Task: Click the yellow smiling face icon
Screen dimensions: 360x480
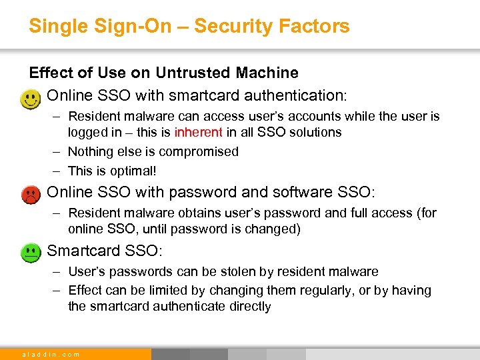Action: click(29, 100)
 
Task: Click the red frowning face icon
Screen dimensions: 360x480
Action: click(30, 195)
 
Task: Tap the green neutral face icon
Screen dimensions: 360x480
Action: click(30, 253)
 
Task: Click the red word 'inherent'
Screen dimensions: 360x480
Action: click(199, 132)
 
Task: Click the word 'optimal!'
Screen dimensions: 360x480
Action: click(133, 170)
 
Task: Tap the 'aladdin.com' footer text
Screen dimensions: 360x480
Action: click(51, 354)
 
